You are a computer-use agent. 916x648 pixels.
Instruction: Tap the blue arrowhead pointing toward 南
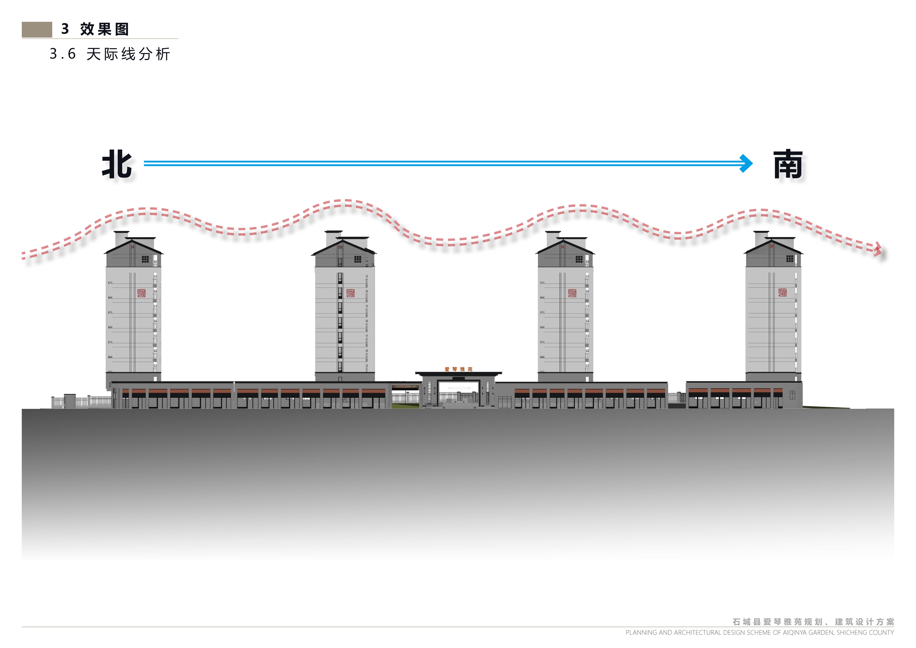[746, 163]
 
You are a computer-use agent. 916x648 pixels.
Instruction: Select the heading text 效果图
[105, 29]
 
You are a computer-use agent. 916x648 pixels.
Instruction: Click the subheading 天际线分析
[129, 54]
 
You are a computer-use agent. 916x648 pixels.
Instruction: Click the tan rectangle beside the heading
[37, 30]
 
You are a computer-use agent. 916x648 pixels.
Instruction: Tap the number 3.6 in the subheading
[63, 54]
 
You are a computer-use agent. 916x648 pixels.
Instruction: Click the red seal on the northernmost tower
[141, 293]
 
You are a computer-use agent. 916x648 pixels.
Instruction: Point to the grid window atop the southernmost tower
[789, 259]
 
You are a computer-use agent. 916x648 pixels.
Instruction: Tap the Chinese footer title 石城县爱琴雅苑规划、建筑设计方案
[813, 622]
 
